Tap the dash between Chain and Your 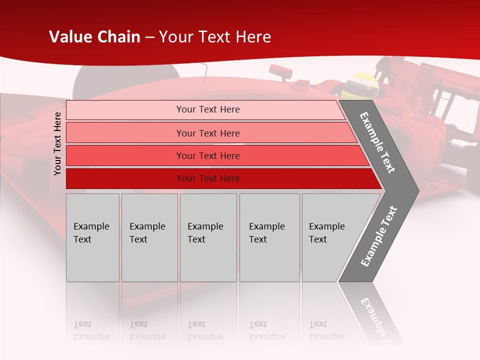pos(149,37)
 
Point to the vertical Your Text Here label pos(57,143)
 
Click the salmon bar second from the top pos(207,133)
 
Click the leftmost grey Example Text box pos(92,237)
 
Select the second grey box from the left pos(149,237)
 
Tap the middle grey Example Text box pos(208,237)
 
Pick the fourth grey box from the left pos(269,237)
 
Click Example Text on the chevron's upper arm pos(377,142)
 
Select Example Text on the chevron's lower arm pos(378,236)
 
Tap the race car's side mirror pos(281,71)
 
